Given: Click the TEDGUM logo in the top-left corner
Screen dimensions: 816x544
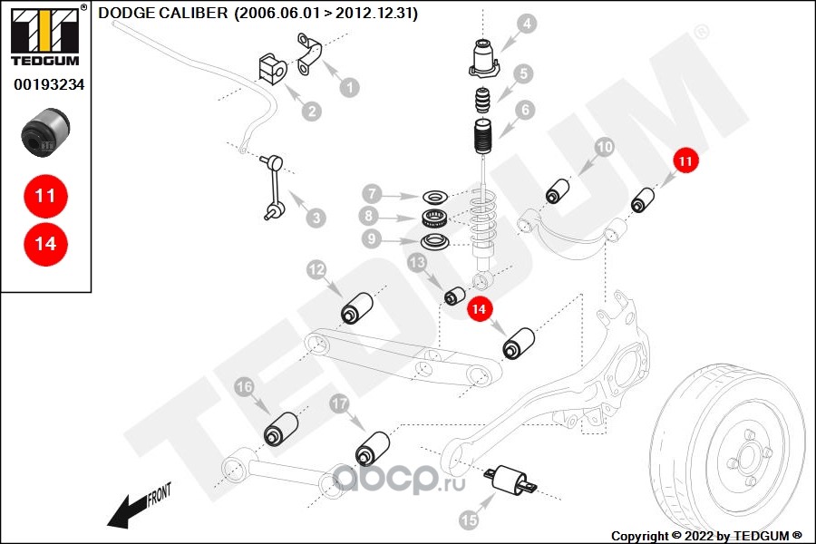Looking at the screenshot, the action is [46, 36].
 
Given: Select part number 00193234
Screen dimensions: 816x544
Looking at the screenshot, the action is [49, 84].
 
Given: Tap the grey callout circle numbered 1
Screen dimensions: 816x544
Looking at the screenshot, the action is [350, 87].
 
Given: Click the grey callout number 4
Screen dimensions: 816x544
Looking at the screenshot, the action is [527, 24].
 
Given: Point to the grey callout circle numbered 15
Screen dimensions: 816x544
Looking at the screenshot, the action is [469, 520].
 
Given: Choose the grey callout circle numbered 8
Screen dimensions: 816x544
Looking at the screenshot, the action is [368, 216].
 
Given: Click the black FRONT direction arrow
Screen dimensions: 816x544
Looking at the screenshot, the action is [126, 512].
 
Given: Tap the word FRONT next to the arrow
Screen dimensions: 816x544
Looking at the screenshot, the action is [160, 494].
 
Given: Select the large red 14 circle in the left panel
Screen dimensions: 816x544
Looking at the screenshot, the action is [46, 244].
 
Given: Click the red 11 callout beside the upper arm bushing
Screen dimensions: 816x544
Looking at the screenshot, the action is [685, 160].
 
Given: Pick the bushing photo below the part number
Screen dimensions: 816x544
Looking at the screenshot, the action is [45, 131].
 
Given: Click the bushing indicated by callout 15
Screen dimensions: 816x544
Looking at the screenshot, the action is [510, 480].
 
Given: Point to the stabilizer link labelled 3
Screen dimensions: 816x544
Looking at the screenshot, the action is [273, 187].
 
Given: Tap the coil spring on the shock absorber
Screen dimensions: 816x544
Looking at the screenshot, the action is [483, 219].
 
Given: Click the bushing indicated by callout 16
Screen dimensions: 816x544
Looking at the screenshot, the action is [281, 429].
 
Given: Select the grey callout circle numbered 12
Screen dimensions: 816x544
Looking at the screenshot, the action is [316, 269].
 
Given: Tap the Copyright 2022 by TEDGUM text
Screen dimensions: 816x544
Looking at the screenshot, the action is [706, 536].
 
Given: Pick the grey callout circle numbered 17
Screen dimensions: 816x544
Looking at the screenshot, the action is [339, 403].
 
